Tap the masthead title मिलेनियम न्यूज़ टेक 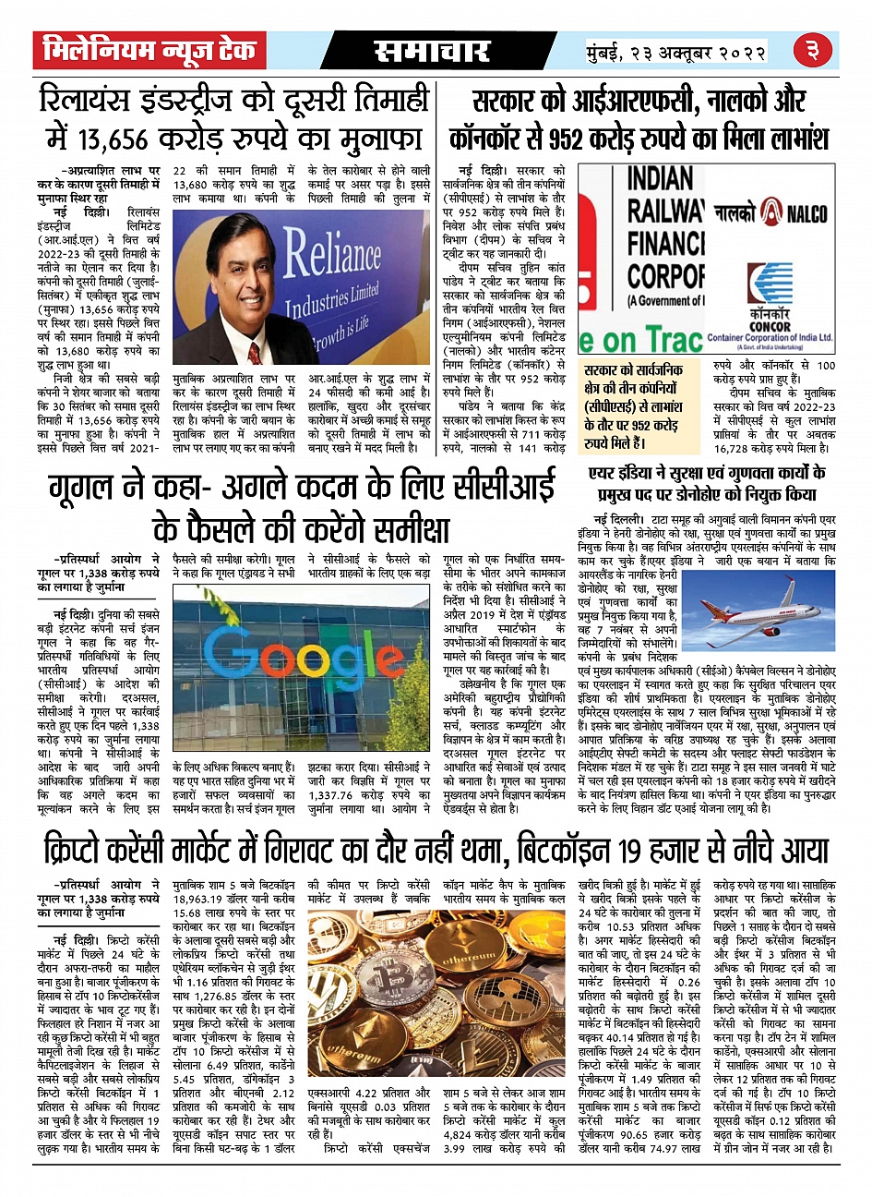point(149,52)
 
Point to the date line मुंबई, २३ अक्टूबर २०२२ point(676,52)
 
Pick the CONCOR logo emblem point(769,286)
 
